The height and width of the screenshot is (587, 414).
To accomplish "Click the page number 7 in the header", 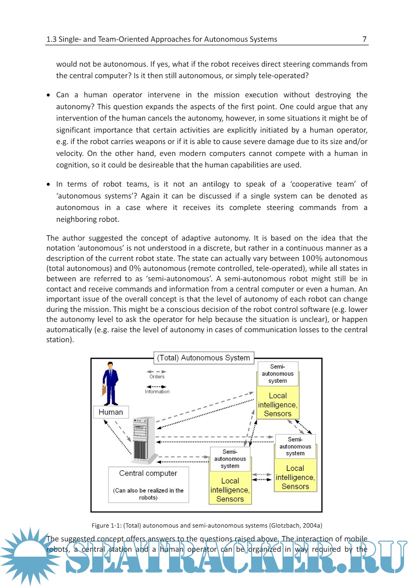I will pos(364,39).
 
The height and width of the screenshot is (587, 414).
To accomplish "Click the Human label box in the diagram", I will pos(111,412).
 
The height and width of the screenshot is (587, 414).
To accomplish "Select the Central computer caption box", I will pos(148,484).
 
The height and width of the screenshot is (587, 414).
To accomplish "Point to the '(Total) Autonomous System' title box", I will pos(204,358).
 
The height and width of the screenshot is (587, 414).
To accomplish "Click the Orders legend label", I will pos(157,377).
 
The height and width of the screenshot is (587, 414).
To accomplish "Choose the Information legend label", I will pos(157,392).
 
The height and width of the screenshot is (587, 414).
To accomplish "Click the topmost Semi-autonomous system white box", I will pos(278,374).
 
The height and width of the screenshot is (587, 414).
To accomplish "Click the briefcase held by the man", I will pos(103,390).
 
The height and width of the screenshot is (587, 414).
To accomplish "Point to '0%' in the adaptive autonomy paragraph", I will pos(135,269).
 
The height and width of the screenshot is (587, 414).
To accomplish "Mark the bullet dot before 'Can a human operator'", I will pos(48,95).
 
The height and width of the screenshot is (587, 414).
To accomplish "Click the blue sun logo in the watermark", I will pos(29,556).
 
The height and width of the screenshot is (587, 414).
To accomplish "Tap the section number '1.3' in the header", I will pos(51,39).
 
